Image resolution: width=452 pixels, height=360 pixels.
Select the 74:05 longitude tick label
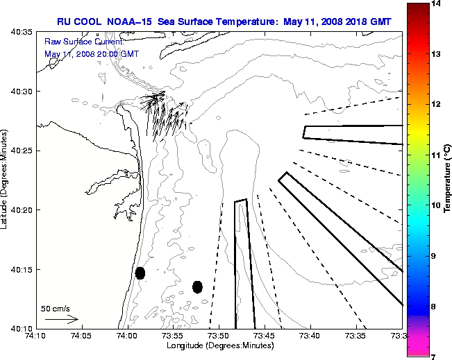tap(81, 336)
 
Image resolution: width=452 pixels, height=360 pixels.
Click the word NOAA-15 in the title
tap(130, 22)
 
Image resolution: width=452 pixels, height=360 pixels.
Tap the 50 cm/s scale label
tap(56, 308)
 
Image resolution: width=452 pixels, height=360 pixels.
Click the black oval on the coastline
tap(140, 273)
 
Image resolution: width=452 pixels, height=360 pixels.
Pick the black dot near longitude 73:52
tap(197, 286)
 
